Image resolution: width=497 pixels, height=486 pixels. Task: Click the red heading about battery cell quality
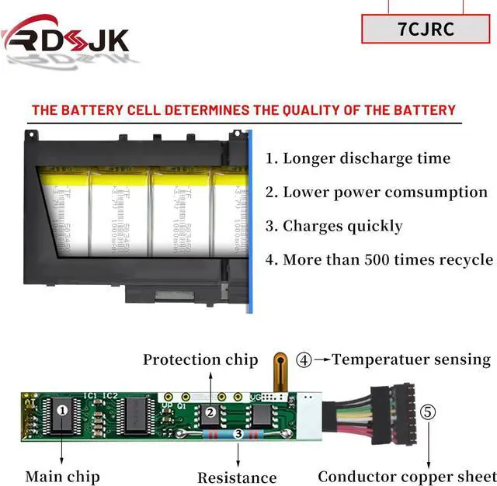(243, 109)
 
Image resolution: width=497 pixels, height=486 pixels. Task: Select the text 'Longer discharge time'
(358, 158)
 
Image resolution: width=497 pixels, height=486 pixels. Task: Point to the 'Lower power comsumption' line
(377, 192)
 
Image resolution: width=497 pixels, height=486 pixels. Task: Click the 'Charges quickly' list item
(335, 226)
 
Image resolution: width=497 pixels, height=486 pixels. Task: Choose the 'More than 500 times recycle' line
(379, 259)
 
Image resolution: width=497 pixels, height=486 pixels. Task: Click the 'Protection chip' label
(200, 359)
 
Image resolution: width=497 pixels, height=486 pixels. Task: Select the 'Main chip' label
(62, 476)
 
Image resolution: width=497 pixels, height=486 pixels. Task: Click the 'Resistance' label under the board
(237, 477)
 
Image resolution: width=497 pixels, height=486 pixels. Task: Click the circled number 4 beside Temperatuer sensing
(304, 359)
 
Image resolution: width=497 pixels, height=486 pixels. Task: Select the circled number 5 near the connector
(429, 411)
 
